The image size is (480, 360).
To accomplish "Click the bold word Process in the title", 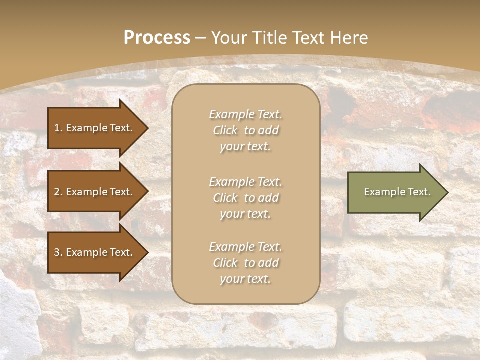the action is (x=157, y=38).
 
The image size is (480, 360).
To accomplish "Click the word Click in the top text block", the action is (x=225, y=130).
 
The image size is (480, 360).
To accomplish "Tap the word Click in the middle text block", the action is (x=225, y=198).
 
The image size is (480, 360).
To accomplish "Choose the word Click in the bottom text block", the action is (x=225, y=263).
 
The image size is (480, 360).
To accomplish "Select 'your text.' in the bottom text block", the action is (x=245, y=279).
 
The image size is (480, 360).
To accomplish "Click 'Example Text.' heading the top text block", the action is (x=245, y=114).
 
